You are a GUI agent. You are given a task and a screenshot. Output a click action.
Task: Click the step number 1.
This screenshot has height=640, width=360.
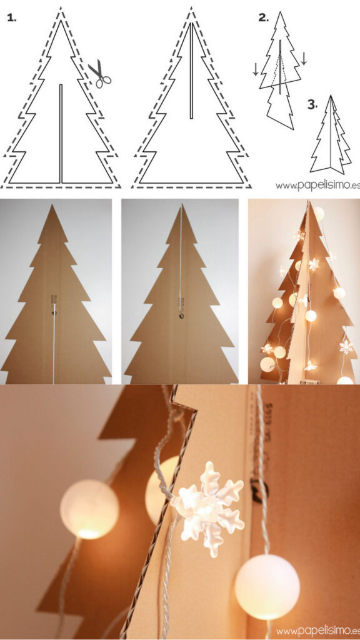pyautogui.click(x=11, y=17)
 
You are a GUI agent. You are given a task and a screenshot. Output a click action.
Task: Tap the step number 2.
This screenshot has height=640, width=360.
pyautogui.click(x=263, y=17)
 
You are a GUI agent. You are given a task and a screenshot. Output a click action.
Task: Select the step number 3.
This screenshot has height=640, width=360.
pyautogui.click(x=312, y=104)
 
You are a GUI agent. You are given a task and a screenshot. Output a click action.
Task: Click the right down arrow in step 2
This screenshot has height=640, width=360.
pyautogui.click(x=304, y=58)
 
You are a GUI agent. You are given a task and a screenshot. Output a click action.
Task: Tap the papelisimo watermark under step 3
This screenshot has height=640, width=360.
pyautogui.click(x=317, y=185)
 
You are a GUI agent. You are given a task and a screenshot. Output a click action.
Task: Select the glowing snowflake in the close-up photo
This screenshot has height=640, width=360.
pyautogui.click(x=208, y=507)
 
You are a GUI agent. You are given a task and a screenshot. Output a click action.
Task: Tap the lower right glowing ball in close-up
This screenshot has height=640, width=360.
pyautogui.click(x=267, y=586)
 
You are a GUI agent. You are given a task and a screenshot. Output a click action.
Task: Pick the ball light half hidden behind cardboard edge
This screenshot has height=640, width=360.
pyautogui.click(x=161, y=489)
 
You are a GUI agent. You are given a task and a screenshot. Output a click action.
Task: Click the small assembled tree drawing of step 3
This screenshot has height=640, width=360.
pyautogui.click(x=331, y=136)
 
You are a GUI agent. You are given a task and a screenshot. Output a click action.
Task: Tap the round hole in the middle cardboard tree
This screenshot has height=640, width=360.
pyautogui.click(x=181, y=316)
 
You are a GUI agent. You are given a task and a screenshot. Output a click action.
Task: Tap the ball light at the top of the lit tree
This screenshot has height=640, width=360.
pyautogui.click(x=319, y=212)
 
